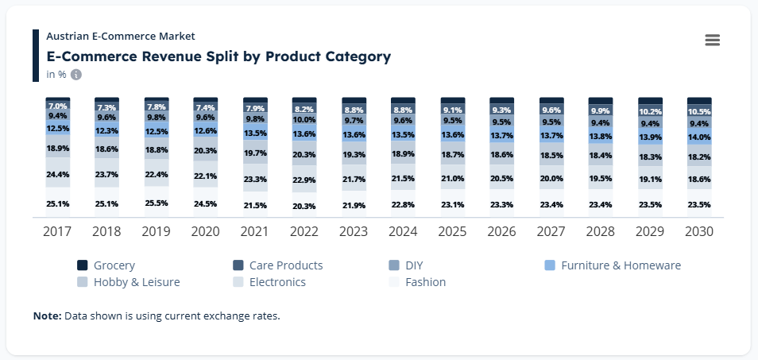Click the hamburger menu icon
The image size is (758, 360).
[x=712, y=41]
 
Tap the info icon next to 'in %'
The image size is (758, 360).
[x=76, y=75]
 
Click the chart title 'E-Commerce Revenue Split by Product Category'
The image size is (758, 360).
[x=219, y=56]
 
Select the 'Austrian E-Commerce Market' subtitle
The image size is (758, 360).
[x=121, y=36]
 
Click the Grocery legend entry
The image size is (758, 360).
[x=106, y=265]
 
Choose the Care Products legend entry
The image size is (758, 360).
[x=277, y=265]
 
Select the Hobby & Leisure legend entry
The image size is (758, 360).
[x=128, y=282]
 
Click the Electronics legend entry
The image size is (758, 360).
[x=269, y=282]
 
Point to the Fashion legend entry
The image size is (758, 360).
[x=417, y=282]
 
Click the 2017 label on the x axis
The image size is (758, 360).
[x=59, y=232]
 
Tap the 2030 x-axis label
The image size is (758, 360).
[x=699, y=232]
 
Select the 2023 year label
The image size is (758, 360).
[x=354, y=232]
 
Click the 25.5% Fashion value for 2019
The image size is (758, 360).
[x=157, y=203]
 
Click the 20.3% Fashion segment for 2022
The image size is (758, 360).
[x=305, y=206]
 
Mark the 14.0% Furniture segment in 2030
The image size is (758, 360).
[x=699, y=137]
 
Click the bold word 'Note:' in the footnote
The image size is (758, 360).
[x=47, y=316]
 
